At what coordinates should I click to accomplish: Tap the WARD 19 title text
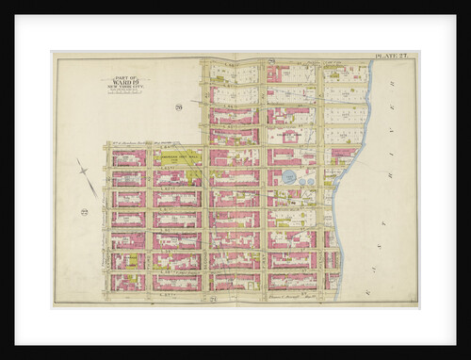click(x=124, y=81)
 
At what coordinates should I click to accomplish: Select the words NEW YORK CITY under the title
click(x=124, y=87)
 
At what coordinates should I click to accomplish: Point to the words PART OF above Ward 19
click(x=124, y=75)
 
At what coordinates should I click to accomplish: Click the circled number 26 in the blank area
click(x=177, y=108)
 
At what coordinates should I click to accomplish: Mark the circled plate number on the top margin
click(x=271, y=60)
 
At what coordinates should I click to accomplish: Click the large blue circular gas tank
click(x=289, y=176)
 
